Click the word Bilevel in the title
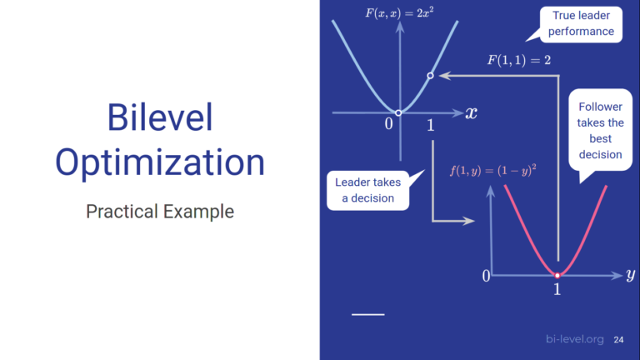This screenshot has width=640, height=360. click(159, 118)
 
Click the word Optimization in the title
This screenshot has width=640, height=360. click(159, 162)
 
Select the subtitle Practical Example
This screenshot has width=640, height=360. click(159, 211)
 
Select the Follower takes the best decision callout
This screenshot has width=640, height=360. click(600, 130)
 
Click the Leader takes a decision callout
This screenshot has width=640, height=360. click(367, 189)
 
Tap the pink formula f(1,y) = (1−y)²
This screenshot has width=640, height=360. click(492, 169)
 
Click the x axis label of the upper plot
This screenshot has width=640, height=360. click(472, 112)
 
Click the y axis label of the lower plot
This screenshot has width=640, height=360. click(630, 274)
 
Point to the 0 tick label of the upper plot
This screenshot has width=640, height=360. click(388, 125)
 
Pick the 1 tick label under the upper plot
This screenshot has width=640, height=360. click(430, 126)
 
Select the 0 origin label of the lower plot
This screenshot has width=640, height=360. click(487, 275)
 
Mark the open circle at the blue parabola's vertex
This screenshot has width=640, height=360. click(399, 112)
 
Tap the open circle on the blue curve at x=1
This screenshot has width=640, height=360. click(430, 76)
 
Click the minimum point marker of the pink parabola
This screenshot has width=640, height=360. click(557, 274)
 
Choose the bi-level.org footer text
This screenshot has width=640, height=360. click(574, 339)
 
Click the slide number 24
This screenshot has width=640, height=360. click(618, 339)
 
